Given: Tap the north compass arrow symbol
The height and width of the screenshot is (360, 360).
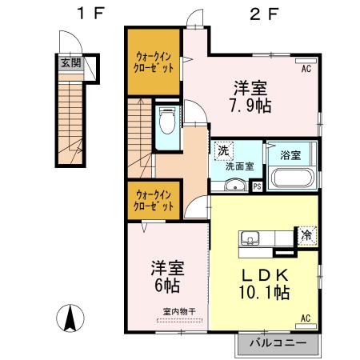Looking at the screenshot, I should [70, 320].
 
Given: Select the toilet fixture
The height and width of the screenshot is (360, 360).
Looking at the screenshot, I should [167, 121].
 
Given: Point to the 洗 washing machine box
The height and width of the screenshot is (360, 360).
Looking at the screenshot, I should [222, 150].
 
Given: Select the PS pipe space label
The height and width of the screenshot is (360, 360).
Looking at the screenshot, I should [257, 187].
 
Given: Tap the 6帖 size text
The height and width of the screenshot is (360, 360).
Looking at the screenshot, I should [166, 284].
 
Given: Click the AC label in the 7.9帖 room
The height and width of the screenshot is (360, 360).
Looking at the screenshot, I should [306, 70].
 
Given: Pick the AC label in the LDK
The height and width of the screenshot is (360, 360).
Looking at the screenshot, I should [306, 318].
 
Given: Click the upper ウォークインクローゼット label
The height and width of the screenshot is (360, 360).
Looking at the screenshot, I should [154, 62].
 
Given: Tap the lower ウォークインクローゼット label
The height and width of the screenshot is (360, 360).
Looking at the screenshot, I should [154, 199].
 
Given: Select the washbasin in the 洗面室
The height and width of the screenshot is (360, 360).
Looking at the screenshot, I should [233, 186].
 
